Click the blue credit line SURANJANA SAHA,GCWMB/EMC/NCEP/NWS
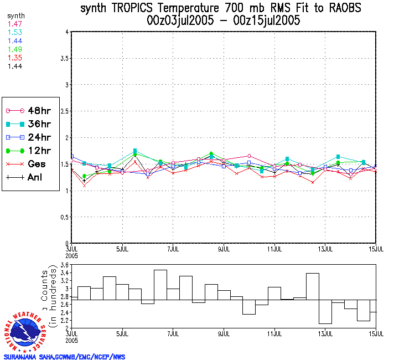point(64,357)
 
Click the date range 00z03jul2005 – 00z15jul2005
point(224,21)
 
